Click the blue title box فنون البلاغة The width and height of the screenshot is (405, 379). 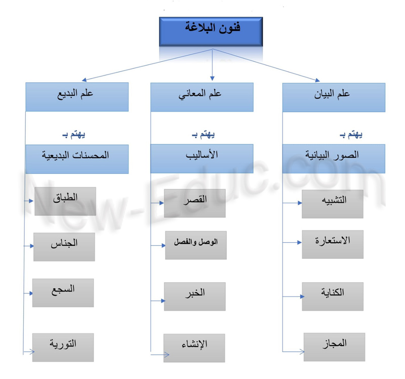pos(211,31)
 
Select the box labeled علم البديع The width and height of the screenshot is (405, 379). pos(77,97)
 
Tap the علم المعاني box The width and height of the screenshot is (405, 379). pos(202,97)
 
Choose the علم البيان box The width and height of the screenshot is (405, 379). pos(334,97)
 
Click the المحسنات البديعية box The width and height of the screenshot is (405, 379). pos(77,159)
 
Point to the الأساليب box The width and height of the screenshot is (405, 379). pos(202,159)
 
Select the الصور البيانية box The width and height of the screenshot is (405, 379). pos(334,159)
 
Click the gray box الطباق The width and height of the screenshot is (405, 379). pos(65,201)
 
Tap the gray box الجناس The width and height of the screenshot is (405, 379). pos(64,247)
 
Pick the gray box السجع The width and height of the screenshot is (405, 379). pos(63,293)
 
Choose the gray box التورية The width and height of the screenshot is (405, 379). pos(63,348)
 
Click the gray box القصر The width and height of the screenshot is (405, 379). pos(195,203)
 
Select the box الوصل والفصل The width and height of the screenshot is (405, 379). pos(196,245)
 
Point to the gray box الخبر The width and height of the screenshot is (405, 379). pos(195,296)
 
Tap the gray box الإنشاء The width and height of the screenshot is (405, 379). pos(194,348)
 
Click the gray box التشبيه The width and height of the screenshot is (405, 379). pos(333,204)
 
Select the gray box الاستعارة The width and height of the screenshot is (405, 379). pos(333,244)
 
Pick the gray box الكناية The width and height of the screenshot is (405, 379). pos(333,296)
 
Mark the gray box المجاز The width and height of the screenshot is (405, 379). pos(335,347)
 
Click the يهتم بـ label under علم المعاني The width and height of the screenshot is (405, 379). pos(204,134)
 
